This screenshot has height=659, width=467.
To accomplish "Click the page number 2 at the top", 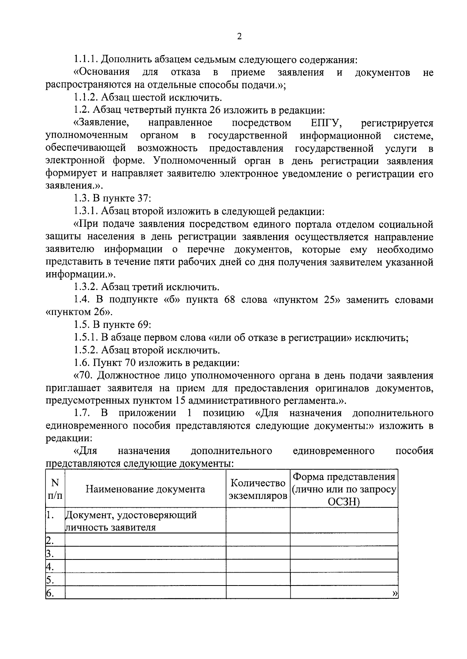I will [239, 37].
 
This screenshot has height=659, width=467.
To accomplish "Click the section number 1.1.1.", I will [86, 60].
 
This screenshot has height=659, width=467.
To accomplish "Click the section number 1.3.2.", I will [86, 287].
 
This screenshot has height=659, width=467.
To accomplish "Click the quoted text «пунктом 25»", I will [305, 300].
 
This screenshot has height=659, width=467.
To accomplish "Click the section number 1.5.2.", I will [86, 350].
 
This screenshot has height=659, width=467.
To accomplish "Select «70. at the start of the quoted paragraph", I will [83, 376].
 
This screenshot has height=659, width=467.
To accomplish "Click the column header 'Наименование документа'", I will [145, 489].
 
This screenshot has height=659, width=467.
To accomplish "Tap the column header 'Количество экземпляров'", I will [258, 489].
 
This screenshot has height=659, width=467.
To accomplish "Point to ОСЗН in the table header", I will [344, 502].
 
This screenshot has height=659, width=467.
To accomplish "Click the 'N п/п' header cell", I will [55, 489].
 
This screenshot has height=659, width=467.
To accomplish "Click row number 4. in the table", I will [49, 566].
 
